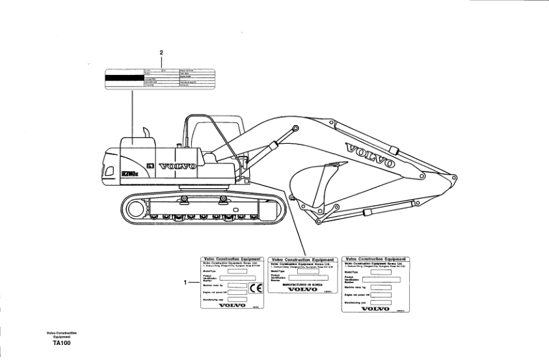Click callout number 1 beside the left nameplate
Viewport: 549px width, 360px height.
[x=186, y=283]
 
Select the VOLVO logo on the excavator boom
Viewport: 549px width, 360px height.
[x=370, y=155]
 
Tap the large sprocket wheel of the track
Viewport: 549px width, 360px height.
[x=135, y=209]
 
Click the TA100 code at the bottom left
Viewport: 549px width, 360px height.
[x=62, y=343]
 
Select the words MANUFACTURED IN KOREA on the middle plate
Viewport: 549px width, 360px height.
[x=302, y=284]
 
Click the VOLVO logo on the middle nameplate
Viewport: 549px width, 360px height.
[x=302, y=290]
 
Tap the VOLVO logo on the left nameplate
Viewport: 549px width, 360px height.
[x=232, y=304]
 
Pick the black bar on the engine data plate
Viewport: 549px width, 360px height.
[x=124, y=78]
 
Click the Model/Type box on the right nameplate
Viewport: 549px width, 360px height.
[x=382, y=271]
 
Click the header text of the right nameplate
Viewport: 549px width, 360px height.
[x=375, y=259]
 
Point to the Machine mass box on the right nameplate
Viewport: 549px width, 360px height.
[x=382, y=286]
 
